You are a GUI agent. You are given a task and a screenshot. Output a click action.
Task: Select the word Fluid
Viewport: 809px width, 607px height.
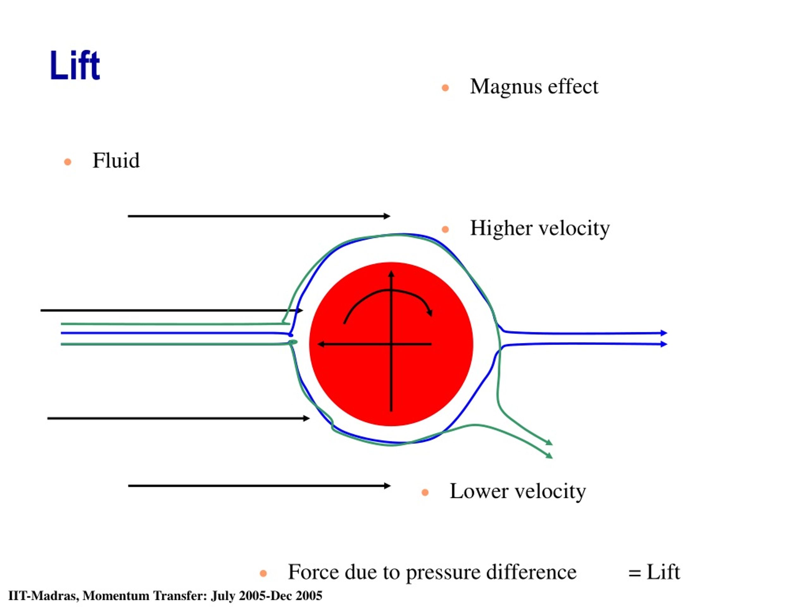point(116,160)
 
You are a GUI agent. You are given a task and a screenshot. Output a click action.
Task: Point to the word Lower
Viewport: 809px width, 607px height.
point(479,491)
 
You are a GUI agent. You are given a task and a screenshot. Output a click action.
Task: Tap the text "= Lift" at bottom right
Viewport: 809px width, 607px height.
point(654,572)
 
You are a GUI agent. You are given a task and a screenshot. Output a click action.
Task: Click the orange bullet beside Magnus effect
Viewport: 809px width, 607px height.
point(445,88)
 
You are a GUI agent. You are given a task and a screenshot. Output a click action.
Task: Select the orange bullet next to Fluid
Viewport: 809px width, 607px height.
point(68,162)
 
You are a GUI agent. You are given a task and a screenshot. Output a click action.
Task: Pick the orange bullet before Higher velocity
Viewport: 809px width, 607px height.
point(445,230)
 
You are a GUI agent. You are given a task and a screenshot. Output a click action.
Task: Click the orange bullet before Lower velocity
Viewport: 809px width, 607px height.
point(425,493)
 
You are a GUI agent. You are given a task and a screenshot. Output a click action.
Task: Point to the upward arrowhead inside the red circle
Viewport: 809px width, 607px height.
point(391,274)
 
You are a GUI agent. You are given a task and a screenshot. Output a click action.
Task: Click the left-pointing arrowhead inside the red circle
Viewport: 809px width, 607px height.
point(321,344)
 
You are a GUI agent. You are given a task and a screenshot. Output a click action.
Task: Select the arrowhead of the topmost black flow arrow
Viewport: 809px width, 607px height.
point(387,216)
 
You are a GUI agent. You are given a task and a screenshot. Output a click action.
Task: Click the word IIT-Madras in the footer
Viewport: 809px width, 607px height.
point(43,596)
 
